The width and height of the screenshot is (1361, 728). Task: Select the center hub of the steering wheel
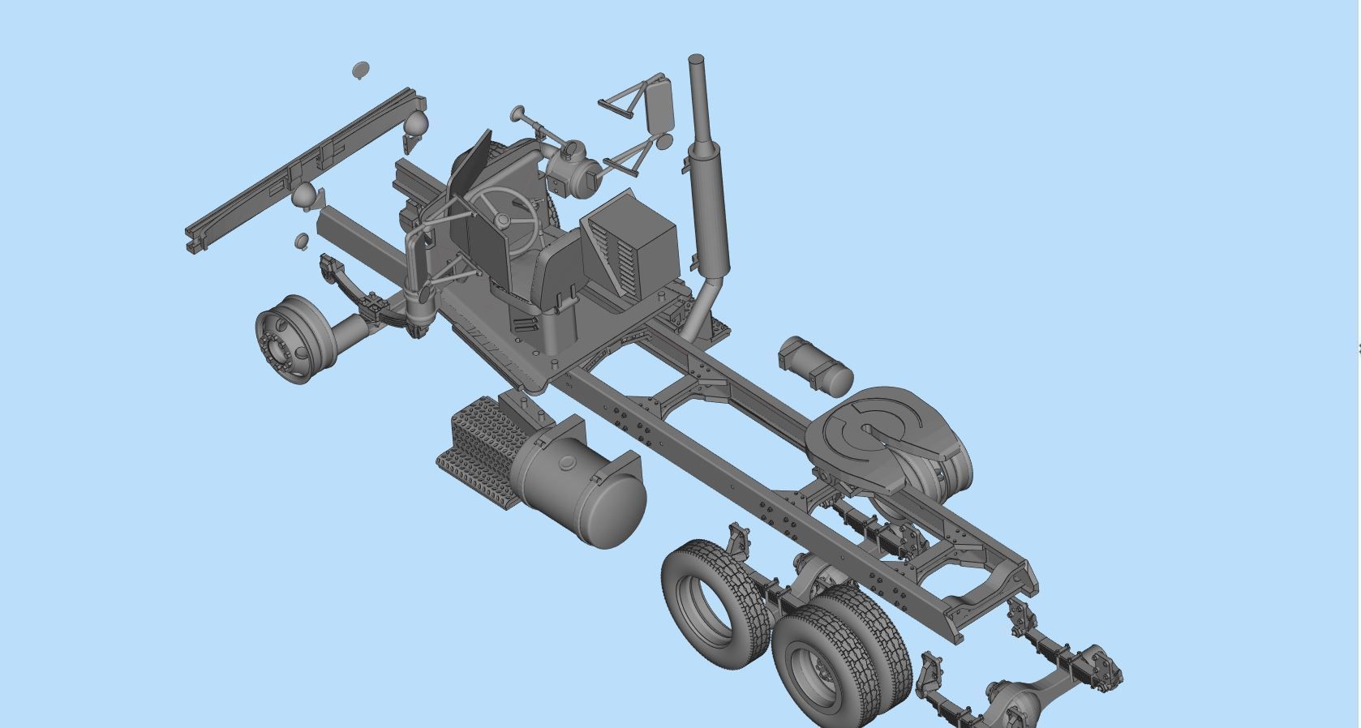click(503, 220)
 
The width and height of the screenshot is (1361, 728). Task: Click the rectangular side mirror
click(662, 105)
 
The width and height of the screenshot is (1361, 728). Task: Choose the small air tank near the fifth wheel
click(815, 366)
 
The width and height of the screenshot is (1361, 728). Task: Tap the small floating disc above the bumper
click(361, 71)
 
